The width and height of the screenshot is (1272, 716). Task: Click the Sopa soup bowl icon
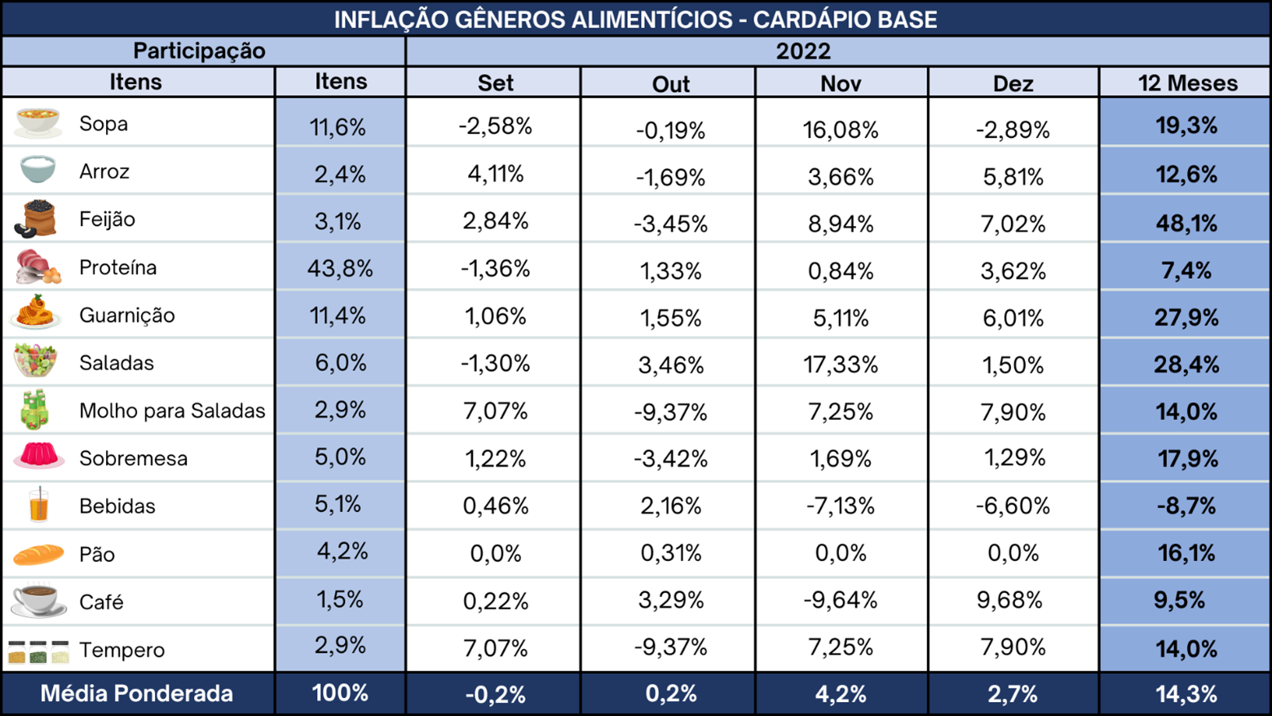pyautogui.click(x=38, y=122)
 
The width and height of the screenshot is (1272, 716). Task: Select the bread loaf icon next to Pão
pyautogui.click(x=38, y=555)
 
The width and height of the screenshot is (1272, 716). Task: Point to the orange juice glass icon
pyautogui.click(x=38, y=504)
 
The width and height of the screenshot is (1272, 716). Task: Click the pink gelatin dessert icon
pyautogui.click(x=38, y=456)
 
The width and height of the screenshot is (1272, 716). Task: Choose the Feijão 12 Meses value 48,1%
pyautogui.click(x=1186, y=223)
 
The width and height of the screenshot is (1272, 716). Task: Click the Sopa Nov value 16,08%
pyautogui.click(x=840, y=130)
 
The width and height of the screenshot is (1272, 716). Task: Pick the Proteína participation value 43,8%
pyautogui.click(x=339, y=268)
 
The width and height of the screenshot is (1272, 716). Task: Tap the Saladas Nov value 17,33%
pyautogui.click(x=840, y=365)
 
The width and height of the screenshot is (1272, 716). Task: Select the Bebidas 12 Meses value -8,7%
pyautogui.click(x=1186, y=506)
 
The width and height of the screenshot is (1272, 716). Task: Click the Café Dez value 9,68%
pyautogui.click(x=1009, y=599)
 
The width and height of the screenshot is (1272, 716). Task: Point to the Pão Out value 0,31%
pyautogui.click(x=670, y=552)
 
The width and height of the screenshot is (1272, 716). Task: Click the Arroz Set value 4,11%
pyautogui.click(x=495, y=174)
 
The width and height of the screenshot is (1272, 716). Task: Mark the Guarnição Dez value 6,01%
pyautogui.click(x=1013, y=318)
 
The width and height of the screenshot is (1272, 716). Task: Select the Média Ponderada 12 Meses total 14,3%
pyautogui.click(x=1186, y=694)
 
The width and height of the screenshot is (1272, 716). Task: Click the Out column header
pyautogui.click(x=670, y=84)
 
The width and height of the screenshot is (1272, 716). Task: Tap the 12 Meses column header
pyautogui.click(x=1187, y=83)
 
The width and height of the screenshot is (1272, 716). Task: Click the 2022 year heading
pyautogui.click(x=803, y=51)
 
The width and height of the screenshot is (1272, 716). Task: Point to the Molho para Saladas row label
pyautogui.click(x=172, y=410)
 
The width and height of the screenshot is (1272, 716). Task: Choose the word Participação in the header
pyautogui.click(x=199, y=51)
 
